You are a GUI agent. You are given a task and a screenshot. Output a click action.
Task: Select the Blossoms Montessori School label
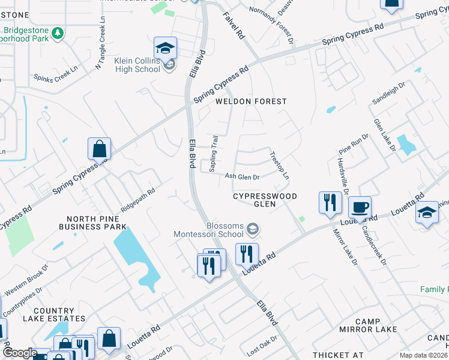coord(209,230)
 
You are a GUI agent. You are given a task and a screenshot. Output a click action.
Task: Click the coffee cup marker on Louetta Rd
coord(360,207)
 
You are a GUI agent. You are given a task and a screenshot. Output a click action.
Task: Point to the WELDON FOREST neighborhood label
coord(252,101)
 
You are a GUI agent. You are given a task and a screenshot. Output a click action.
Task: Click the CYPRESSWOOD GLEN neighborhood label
coord(265,200)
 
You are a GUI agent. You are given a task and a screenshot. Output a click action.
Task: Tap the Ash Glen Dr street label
coord(242,177)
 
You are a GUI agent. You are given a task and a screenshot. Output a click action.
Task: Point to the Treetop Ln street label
coord(280,166)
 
